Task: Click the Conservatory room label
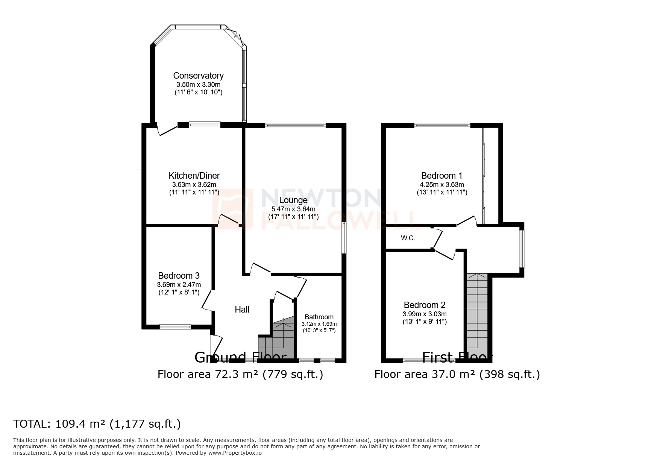tap(198, 76)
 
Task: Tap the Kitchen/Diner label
tap(194, 176)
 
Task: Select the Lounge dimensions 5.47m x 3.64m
tap(293, 209)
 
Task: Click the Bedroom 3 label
tap(179, 276)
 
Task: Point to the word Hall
tap(242, 310)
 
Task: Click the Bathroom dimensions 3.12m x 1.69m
tap(319, 324)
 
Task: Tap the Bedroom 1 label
tap(441, 176)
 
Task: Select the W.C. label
tap(408, 238)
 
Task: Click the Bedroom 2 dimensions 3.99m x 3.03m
tap(425, 314)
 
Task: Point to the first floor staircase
tap(477, 312)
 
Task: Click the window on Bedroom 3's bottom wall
tap(175, 327)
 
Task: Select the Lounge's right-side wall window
tap(343, 238)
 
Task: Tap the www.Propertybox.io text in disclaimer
tap(235, 453)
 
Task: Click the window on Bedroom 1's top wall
tap(442, 126)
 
